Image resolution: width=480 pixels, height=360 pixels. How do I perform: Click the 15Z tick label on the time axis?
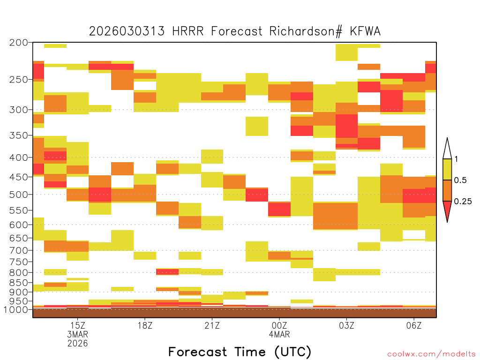tap(78, 325)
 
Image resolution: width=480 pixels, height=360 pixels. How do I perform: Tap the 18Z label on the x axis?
tap(145, 325)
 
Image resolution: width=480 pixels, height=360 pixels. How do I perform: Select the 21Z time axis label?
tap(212, 325)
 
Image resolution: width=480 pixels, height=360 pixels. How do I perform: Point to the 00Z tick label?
tap(279, 325)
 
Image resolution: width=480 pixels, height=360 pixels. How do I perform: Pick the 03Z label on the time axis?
tap(346, 325)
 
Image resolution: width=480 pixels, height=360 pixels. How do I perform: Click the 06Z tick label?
tap(414, 325)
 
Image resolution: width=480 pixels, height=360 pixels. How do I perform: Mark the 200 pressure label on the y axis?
tap(19, 43)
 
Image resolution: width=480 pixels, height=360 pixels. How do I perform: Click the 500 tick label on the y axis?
tap(19, 195)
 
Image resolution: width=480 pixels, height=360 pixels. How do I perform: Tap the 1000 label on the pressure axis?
tap(16, 309)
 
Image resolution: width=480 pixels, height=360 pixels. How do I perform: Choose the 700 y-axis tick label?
tap(19, 250)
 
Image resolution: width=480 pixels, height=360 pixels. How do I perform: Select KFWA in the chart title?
tap(365, 31)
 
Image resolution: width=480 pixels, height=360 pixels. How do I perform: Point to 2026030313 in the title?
tap(127, 31)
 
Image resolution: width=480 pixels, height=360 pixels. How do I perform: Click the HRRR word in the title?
tap(187, 31)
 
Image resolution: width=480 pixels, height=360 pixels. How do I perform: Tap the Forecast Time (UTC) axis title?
tap(240, 352)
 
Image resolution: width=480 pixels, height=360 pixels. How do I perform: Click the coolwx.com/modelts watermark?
tap(431, 354)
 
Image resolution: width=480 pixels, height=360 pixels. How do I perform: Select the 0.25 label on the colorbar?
tap(463, 202)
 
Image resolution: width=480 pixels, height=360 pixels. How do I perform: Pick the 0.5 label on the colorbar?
tap(460, 180)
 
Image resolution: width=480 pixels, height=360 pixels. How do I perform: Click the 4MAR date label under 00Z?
tap(279, 334)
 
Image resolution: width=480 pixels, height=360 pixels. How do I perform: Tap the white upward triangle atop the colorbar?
tap(447, 149)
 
